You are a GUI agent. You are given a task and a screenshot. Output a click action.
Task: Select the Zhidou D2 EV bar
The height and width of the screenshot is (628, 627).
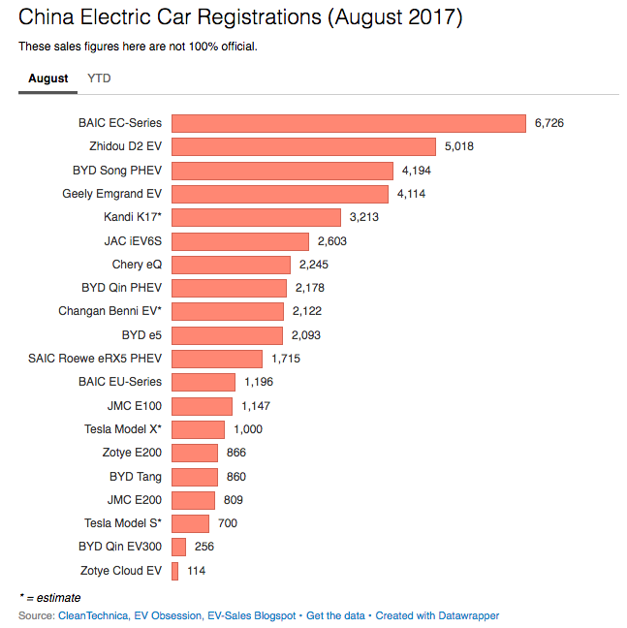pyautogui.click(x=302, y=146)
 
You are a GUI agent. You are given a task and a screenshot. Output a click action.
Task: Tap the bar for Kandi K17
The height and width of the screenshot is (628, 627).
pyautogui.click(x=256, y=217)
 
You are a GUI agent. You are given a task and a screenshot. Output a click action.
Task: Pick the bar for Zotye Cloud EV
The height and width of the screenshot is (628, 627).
pyautogui.click(x=174, y=571)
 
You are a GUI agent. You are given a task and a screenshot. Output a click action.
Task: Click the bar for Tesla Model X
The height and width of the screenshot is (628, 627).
pyautogui.click(x=198, y=429)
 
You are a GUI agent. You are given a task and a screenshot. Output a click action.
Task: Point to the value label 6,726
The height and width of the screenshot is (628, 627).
pyautogui.click(x=549, y=123)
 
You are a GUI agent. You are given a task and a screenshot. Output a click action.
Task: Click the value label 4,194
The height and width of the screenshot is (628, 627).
pyautogui.click(x=417, y=171)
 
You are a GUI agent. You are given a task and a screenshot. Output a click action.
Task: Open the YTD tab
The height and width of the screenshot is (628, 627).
pyautogui.click(x=99, y=78)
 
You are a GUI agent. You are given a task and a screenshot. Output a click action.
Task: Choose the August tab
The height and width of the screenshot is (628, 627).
pyautogui.click(x=48, y=78)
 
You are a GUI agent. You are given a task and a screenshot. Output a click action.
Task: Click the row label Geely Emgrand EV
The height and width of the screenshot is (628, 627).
pyautogui.click(x=111, y=194)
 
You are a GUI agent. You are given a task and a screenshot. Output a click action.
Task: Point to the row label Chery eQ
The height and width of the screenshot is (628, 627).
pyautogui.click(x=137, y=265)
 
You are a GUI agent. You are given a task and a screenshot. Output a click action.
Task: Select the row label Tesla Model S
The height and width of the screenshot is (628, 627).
pyautogui.click(x=123, y=523)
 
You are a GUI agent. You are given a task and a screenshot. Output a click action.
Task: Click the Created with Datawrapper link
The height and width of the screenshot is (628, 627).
pyautogui.click(x=437, y=615)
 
